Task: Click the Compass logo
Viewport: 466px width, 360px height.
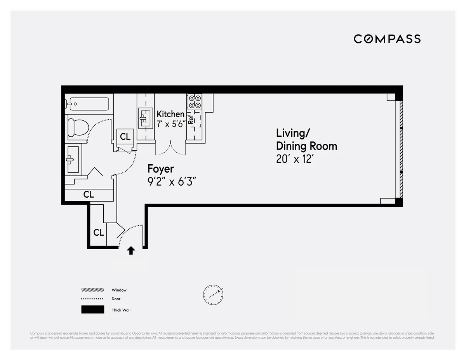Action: pyautogui.click(x=387, y=39)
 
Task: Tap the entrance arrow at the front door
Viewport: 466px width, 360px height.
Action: pyautogui.click(x=131, y=250)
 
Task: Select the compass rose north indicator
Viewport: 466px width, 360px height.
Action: pyautogui.click(x=213, y=295)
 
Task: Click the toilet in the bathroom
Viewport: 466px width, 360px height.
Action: pyautogui.click(x=77, y=127)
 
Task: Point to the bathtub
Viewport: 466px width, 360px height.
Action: pyautogui.click(x=88, y=104)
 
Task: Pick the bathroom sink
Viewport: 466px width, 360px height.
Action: pyautogui.click(x=73, y=159)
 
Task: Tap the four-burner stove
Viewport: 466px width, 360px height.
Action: pyautogui.click(x=195, y=102)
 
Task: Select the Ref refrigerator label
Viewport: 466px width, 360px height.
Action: pyautogui.click(x=191, y=119)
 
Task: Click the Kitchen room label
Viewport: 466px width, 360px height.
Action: pyautogui.click(x=170, y=114)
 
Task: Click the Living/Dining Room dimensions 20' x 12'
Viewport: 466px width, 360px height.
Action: pyautogui.click(x=294, y=159)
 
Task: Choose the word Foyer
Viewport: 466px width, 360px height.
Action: pyautogui.click(x=160, y=169)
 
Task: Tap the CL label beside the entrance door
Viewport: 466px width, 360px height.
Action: pyautogui.click(x=99, y=233)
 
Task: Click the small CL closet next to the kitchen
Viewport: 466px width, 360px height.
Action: pyautogui.click(x=125, y=137)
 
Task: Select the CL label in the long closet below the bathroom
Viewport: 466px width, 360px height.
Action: pyautogui.click(x=89, y=195)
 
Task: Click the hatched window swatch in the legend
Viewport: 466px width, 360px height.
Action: pyautogui.click(x=92, y=290)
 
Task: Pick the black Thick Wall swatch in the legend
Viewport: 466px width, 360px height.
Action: pyautogui.click(x=92, y=310)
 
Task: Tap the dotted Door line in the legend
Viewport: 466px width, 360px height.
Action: pyautogui.click(x=92, y=299)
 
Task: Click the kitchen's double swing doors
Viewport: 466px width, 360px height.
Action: pyautogui.click(x=170, y=149)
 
